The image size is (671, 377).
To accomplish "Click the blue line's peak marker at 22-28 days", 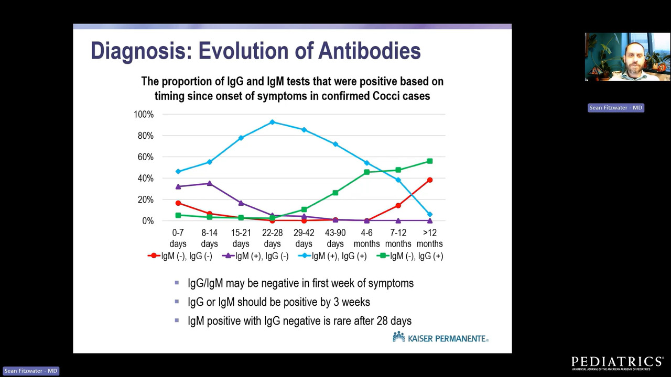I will click(x=273, y=122).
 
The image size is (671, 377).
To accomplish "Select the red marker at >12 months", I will click(x=430, y=180).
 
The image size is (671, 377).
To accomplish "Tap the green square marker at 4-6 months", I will click(x=367, y=172).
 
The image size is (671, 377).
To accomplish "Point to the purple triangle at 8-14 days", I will click(x=210, y=183).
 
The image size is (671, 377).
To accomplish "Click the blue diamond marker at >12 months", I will click(x=430, y=214).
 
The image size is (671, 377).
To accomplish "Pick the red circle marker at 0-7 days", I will click(x=178, y=203).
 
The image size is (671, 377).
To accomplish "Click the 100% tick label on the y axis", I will click(x=144, y=114).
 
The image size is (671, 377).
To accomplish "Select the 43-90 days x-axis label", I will click(x=335, y=238).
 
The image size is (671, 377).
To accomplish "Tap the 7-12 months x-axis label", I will click(x=398, y=238).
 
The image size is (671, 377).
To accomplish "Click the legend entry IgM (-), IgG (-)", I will click(x=181, y=256).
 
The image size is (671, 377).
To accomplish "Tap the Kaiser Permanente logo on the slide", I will click(x=440, y=338).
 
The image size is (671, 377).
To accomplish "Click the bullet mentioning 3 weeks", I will click(x=278, y=302).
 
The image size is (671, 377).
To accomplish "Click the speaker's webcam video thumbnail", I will click(x=627, y=57).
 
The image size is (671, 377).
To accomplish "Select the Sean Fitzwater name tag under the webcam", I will click(x=615, y=108).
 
